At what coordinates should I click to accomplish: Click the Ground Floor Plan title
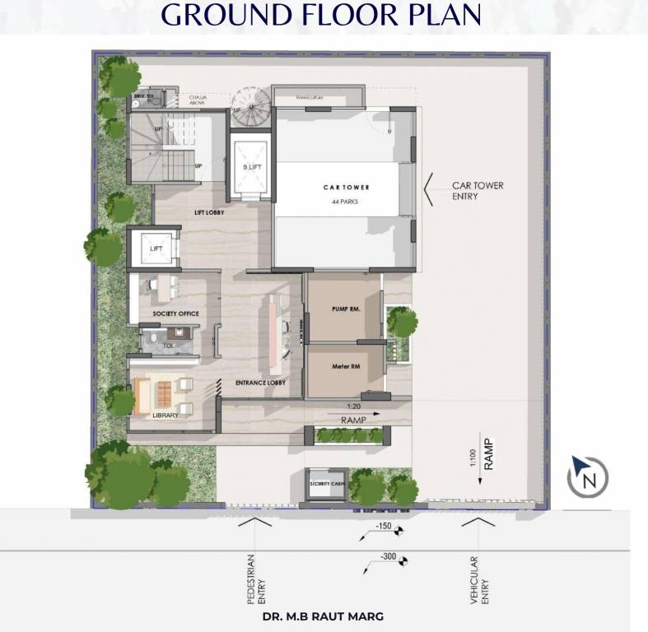click(x=321, y=15)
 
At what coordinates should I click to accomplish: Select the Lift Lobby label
click(x=210, y=213)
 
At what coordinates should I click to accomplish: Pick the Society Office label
click(x=175, y=314)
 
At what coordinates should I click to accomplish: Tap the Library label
click(x=165, y=416)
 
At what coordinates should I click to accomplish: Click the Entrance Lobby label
click(x=260, y=383)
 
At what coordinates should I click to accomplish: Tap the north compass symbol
click(x=588, y=476)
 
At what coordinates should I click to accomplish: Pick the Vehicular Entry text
click(x=478, y=581)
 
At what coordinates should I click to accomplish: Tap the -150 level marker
click(x=384, y=527)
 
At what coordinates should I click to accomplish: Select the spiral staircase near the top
click(x=249, y=107)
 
